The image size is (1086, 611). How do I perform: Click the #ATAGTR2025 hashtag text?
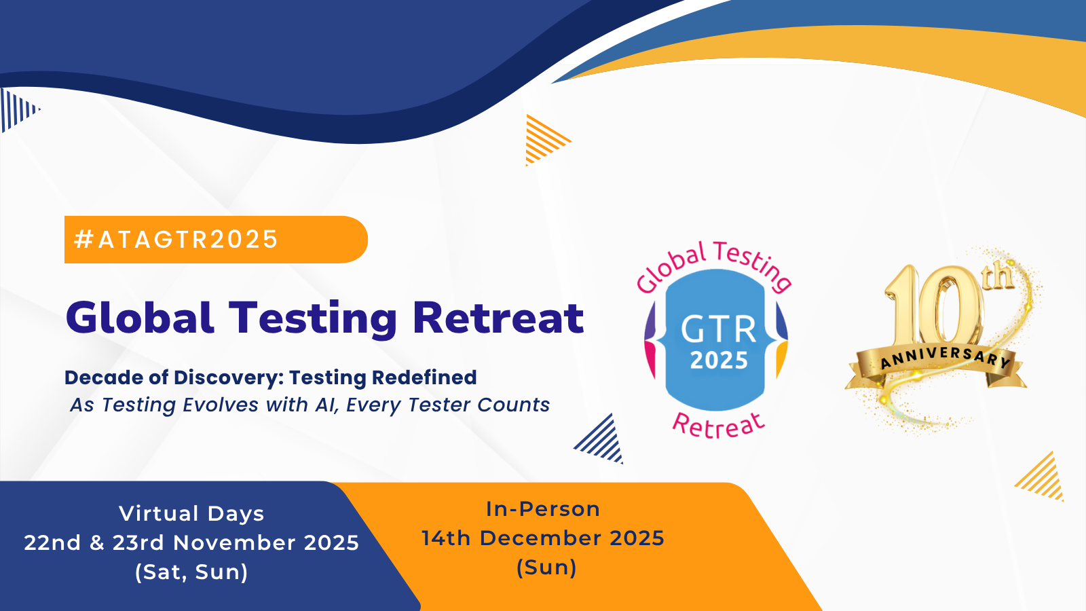coord(176,239)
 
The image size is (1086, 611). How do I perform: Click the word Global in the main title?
coord(140,318)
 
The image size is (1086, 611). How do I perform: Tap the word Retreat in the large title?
coord(498,318)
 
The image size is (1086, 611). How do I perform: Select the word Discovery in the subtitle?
coord(228,377)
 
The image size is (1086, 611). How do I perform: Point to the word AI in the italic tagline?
coord(327,405)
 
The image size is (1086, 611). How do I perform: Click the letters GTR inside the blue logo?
coord(719,330)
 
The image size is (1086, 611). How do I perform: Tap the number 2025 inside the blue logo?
coord(719,360)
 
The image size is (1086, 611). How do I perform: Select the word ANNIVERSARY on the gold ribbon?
coord(945,357)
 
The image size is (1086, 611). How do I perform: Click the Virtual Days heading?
coord(191,513)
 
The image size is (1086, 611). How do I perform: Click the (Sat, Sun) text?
coord(191,572)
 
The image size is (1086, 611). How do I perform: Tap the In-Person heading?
coord(543,509)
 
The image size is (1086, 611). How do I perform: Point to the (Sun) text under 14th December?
coord(546,568)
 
